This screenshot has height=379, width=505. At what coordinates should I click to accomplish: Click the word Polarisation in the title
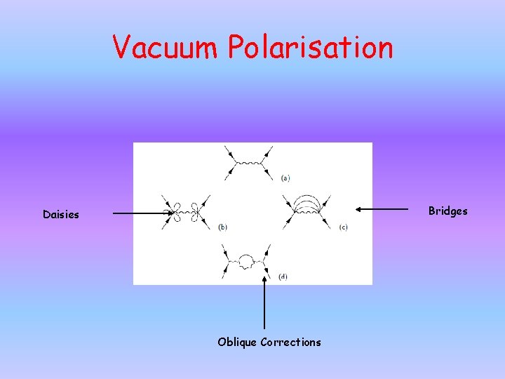click(x=309, y=48)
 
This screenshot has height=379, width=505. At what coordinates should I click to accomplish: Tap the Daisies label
click(x=61, y=215)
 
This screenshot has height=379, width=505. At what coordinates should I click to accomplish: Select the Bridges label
click(x=447, y=211)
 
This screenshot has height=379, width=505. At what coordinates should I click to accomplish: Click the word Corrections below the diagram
click(x=290, y=343)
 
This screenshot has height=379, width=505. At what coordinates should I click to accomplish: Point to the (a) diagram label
click(x=285, y=178)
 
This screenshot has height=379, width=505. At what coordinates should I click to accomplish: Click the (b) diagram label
click(x=222, y=227)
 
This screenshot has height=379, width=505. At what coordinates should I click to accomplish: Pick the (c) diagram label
click(x=343, y=227)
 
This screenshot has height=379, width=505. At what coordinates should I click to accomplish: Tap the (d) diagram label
click(x=283, y=277)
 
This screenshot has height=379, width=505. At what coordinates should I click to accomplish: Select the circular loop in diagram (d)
click(x=246, y=262)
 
